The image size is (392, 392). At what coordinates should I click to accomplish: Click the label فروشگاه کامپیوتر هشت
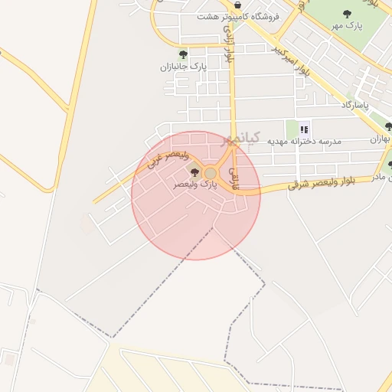pos(238,16)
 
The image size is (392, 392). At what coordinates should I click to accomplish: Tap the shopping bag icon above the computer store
pos(237,5)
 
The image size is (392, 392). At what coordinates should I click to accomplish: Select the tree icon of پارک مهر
pos(347,14)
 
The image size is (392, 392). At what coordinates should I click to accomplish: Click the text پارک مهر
pos(366,25)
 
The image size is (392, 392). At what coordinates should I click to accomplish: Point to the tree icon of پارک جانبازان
pos(183,54)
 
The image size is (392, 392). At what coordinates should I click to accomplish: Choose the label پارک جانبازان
pos(184,67)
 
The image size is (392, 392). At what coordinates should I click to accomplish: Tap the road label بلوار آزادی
pos(227,43)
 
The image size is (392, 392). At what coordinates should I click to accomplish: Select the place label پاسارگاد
pos(355,104)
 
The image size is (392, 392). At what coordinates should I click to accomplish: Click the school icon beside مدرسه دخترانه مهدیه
pos(304,129)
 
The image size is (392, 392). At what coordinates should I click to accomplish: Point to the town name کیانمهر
pos(240,139)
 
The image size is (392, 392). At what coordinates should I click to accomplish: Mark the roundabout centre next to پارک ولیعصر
pos(211,174)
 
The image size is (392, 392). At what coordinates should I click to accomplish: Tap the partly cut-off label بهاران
pos(381,139)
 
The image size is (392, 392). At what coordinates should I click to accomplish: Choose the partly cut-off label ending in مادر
pos(383,177)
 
